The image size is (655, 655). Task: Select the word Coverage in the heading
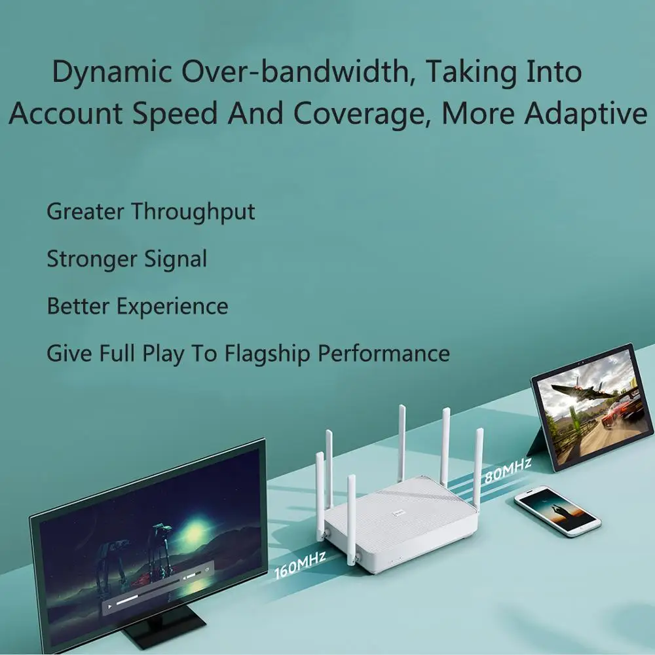(x=362, y=113)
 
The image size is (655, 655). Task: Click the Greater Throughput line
(x=151, y=212)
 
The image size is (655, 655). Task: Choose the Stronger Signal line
(x=126, y=259)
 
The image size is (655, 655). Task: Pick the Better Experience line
(x=138, y=307)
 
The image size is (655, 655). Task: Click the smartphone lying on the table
(x=557, y=510)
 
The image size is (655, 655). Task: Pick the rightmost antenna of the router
(x=479, y=466)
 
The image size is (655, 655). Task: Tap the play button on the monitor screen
(x=110, y=606)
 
